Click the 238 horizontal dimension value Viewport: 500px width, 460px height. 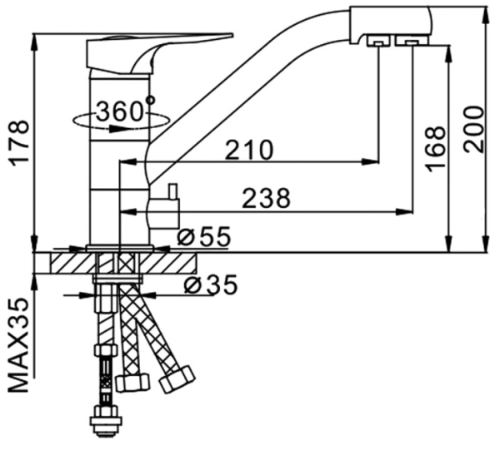(265, 199)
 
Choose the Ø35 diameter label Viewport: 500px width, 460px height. (210, 284)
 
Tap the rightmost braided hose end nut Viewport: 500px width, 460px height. (177, 380)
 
